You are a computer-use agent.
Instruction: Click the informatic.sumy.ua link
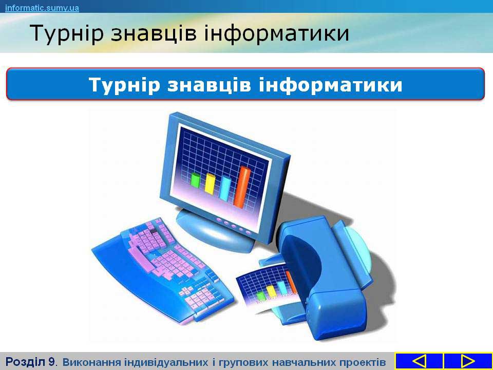click(42, 8)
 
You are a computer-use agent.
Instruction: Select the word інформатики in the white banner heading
click(330, 84)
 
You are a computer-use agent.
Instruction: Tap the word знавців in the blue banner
click(209, 85)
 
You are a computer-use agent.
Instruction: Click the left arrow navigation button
click(419, 361)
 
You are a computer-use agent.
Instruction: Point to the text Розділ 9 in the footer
click(30, 362)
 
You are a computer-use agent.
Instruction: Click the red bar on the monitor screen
click(242, 187)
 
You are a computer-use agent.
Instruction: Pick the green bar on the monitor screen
click(195, 180)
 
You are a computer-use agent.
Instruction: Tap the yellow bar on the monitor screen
click(210, 183)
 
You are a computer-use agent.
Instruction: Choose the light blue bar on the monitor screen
click(225, 188)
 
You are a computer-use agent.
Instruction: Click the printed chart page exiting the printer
click(267, 289)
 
